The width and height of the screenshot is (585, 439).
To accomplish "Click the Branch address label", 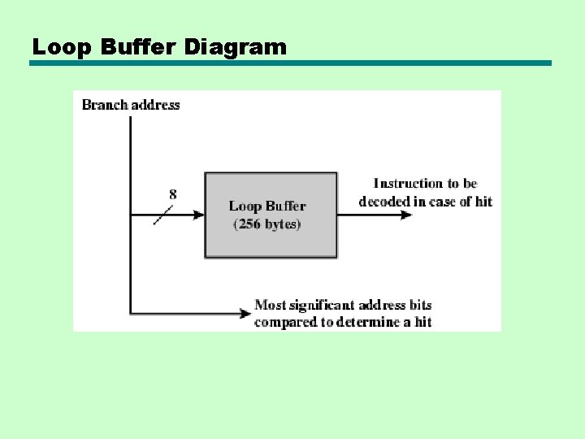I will pos(131,105).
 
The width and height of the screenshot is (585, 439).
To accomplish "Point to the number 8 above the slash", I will pos(173,194).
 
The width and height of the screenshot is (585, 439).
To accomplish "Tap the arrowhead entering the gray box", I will pos(197,215).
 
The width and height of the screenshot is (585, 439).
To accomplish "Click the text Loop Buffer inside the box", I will pos(267,206).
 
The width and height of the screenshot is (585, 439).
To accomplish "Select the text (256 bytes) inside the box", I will pos(267,224).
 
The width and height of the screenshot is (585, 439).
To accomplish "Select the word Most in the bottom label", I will pos(271,306).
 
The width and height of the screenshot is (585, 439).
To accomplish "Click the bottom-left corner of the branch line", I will pos(130,313).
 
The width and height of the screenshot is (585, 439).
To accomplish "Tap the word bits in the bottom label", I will pos(421,306).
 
